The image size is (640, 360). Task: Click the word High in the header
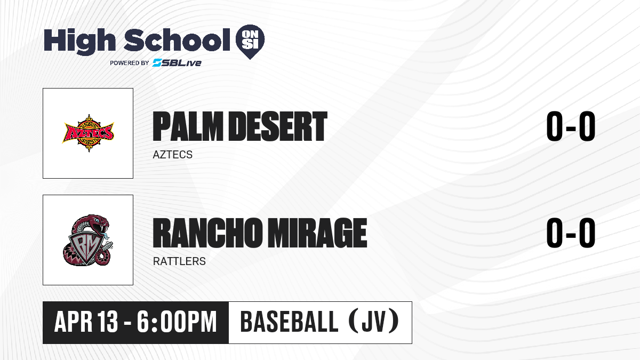tap(79, 42)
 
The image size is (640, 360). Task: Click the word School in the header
tap(177, 39)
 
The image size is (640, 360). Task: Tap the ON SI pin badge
tap(250, 42)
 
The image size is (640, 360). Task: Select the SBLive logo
tap(177, 62)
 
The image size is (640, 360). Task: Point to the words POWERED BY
tap(130, 63)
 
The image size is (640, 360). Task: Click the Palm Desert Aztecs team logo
tap(88, 133)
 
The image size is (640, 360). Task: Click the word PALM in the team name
tap(188, 126)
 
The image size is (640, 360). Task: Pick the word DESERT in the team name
tap(278, 126)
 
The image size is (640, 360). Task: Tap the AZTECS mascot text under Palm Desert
tap(173, 155)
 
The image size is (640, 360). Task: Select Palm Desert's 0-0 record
tap(571, 126)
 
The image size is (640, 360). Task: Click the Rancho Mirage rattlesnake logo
tap(87, 240)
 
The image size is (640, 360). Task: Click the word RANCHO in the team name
tap(207, 233)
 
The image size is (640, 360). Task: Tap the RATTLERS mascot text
tap(179, 261)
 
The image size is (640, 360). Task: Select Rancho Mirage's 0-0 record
tap(571, 233)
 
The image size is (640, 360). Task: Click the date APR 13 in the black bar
tap(86, 322)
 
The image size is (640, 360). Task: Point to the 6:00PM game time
tap(177, 322)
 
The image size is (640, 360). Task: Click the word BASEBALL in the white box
tap(290, 322)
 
